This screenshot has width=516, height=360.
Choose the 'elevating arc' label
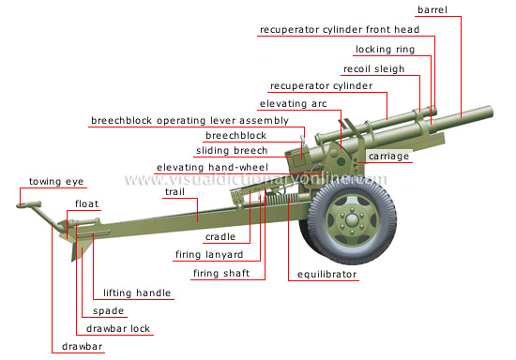tap(289, 103)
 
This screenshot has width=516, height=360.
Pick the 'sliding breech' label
tap(232, 150)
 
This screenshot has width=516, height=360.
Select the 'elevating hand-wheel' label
tap(212, 167)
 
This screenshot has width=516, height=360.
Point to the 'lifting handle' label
tap(137, 292)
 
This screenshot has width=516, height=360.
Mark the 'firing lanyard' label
tap(209, 254)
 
